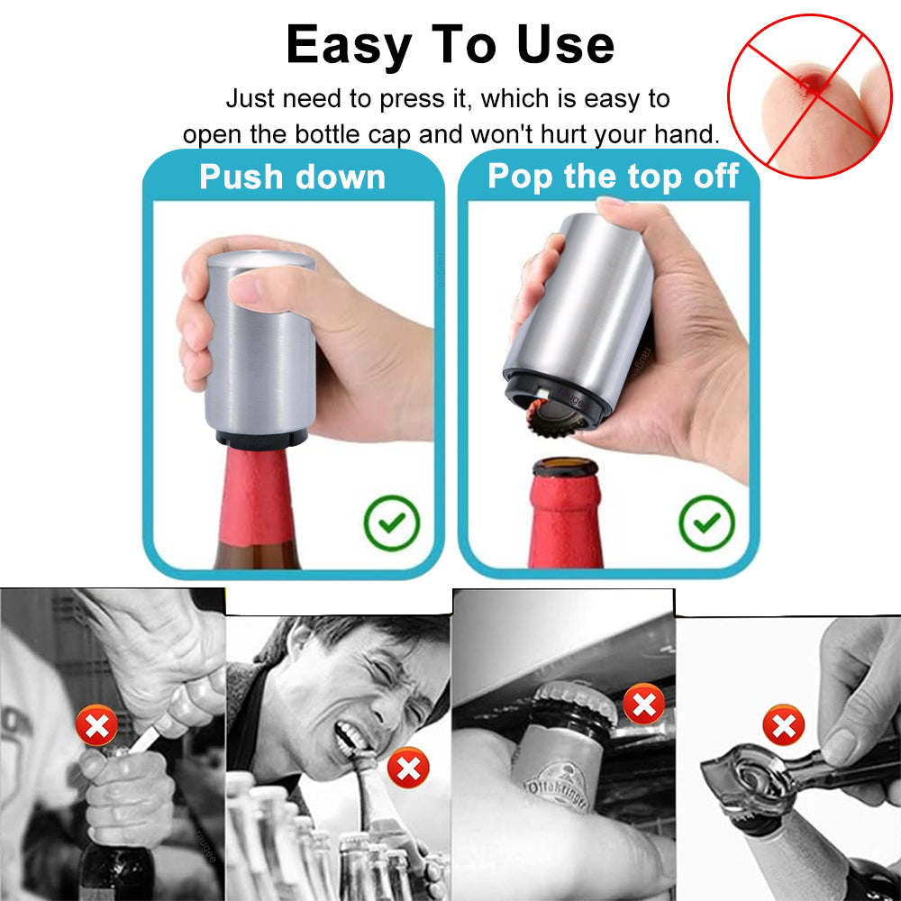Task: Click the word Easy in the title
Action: pos(347,45)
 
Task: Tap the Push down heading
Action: pos(292,177)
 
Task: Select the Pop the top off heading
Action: pos(613,177)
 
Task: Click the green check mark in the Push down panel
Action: pos(392,523)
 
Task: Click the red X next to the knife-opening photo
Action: pos(96,725)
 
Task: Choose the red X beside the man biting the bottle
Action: pos(407,769)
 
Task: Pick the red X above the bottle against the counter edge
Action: pos(643,705)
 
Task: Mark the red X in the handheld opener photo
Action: pos(783,725)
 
